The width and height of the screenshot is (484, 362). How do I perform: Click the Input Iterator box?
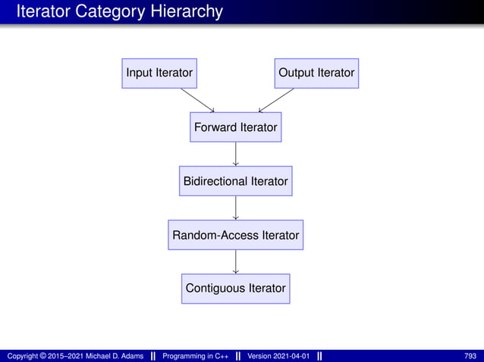click(159, 73)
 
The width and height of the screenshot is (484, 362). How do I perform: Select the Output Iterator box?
click(316, 73)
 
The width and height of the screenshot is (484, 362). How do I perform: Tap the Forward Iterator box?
click(236, 127)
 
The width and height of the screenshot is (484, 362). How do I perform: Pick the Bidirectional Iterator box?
click(236, 182)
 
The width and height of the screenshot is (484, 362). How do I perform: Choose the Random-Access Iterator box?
click(236, 236)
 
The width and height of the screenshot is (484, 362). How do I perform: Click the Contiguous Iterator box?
click(236, 289)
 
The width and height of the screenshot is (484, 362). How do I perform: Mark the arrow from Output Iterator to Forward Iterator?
click(275, 100)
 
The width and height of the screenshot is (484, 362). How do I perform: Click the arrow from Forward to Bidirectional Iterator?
click(236, 154)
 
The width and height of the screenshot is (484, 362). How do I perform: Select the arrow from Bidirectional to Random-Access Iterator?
click(236, 208)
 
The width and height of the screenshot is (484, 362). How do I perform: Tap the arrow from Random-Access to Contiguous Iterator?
click(236, 262)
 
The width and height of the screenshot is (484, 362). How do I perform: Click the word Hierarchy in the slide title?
click(190, 11)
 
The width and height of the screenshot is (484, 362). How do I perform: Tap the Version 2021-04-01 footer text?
click(278, 356)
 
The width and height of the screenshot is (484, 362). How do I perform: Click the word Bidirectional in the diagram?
click(215, 182)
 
